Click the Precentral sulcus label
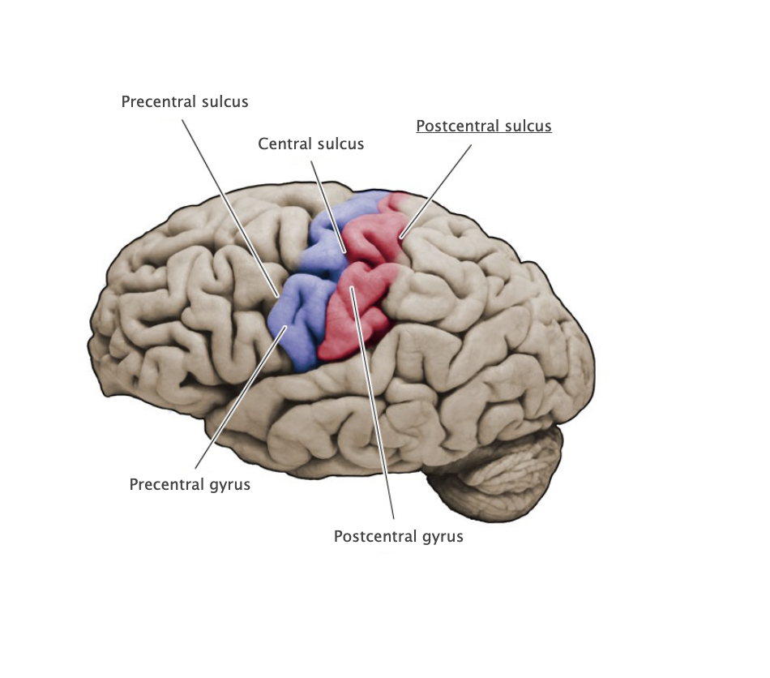[x=185, y=102]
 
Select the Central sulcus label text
[x=310, y=144]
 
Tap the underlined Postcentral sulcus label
[x=483, y=127]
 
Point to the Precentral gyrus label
[x=190, y=485]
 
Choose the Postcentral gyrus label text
[x=398, y=537]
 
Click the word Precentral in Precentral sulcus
[x=159, y=102]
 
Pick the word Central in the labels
[x=284, y=144]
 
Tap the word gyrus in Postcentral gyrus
[x=443, y=537]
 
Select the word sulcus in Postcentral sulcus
[x=528, y=127]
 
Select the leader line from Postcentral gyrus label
[x=373, y=406]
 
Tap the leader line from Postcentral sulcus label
[x=438, y=191]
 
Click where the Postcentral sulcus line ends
[x=401, y=237]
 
